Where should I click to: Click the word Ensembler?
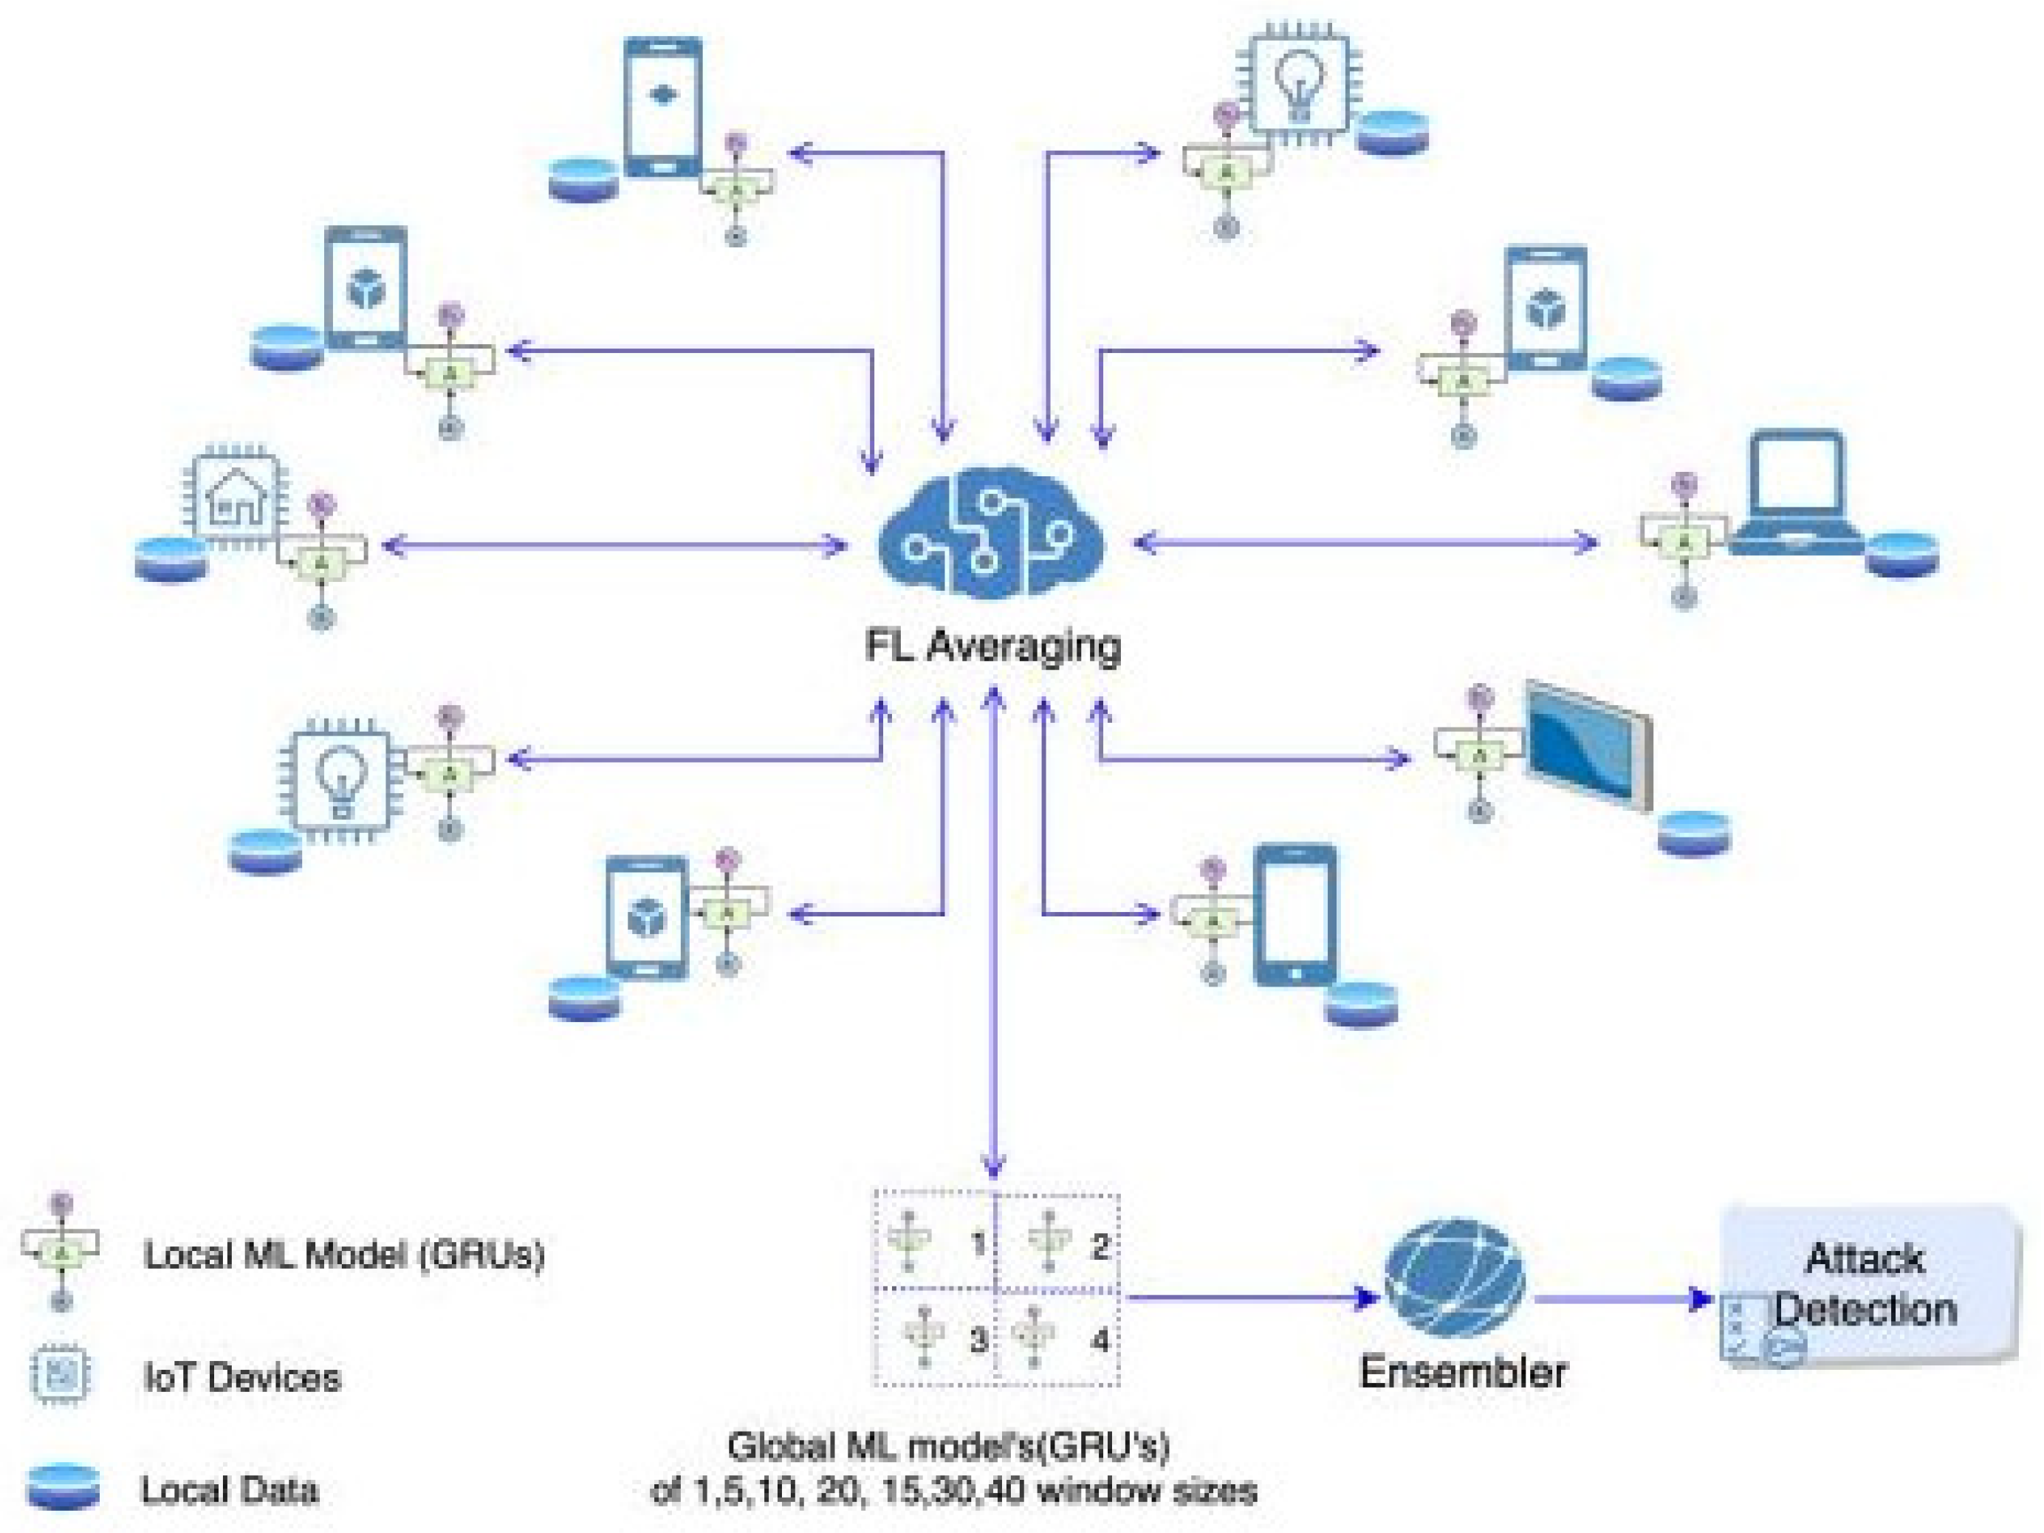point(1463,1371)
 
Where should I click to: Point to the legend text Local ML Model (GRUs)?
point(344,1254)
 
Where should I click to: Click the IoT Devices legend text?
point(242,1377)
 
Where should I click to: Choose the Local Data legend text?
point(229,1489)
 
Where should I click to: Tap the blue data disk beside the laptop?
point(1901,555)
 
